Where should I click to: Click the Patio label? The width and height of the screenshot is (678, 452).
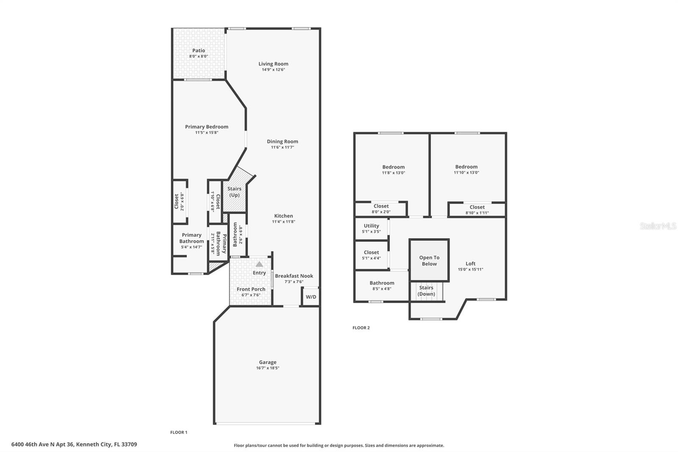click(198, 50)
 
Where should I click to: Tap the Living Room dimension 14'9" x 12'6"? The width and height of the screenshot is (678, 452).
click(273, 70)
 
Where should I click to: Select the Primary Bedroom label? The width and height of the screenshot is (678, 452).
click(206, 127)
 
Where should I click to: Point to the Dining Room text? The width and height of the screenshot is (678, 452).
click(282, 142)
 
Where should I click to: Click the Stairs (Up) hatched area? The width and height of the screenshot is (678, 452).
click(234, 192)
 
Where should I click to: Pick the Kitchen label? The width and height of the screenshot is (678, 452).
click(283, 216)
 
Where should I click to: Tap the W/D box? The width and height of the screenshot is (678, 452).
click(311, 297)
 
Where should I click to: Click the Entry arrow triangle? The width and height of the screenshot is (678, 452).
click(259, 264)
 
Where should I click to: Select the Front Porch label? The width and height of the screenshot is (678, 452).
click(251, 289)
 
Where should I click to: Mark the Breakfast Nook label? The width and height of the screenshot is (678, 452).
click(294, 276)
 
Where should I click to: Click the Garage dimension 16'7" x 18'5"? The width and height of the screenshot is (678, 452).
click(267, 368)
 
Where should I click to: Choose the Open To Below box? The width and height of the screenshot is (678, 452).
click(429, 260)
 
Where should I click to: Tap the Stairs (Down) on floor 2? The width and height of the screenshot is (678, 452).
click(426, 291)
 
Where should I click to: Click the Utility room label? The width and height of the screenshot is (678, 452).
click(371, 226)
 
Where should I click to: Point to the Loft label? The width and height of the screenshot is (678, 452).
click(470, 263)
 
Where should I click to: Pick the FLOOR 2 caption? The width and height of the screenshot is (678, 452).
click(361, 328)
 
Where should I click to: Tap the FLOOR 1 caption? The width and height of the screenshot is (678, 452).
click(178, 432)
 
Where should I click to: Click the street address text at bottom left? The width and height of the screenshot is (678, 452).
click(74, 445)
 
